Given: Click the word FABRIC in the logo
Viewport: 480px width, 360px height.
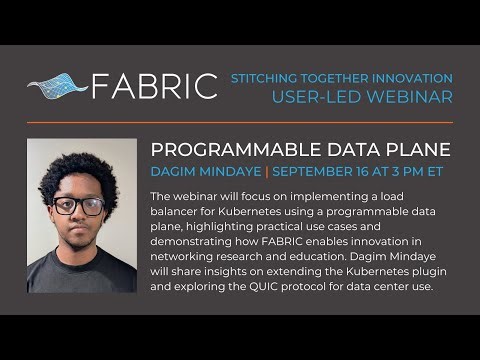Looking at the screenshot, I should [155, 86].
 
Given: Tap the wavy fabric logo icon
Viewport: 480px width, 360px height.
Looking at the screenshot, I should [57, 86].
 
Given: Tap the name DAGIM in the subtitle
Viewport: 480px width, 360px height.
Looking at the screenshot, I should [172, 171].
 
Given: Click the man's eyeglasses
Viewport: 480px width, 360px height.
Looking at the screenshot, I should [79, 206].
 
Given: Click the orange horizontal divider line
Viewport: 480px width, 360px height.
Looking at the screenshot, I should [240, 123].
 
